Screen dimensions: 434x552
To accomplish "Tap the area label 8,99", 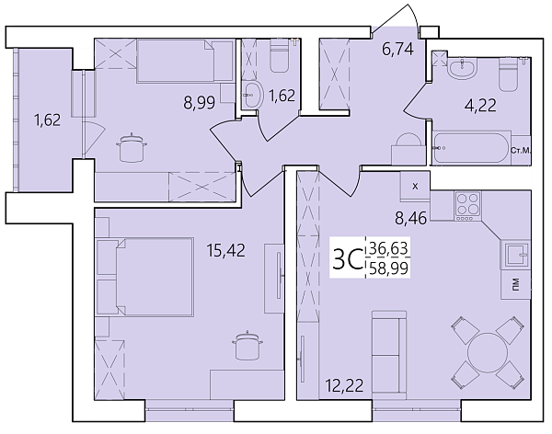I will [x=199, y=103].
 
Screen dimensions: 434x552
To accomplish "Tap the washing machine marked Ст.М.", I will [x=517, y=151].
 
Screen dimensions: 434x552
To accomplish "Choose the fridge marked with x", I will [x=414, y=187].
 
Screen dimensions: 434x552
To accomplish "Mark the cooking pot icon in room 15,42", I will [x=246, y=345].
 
